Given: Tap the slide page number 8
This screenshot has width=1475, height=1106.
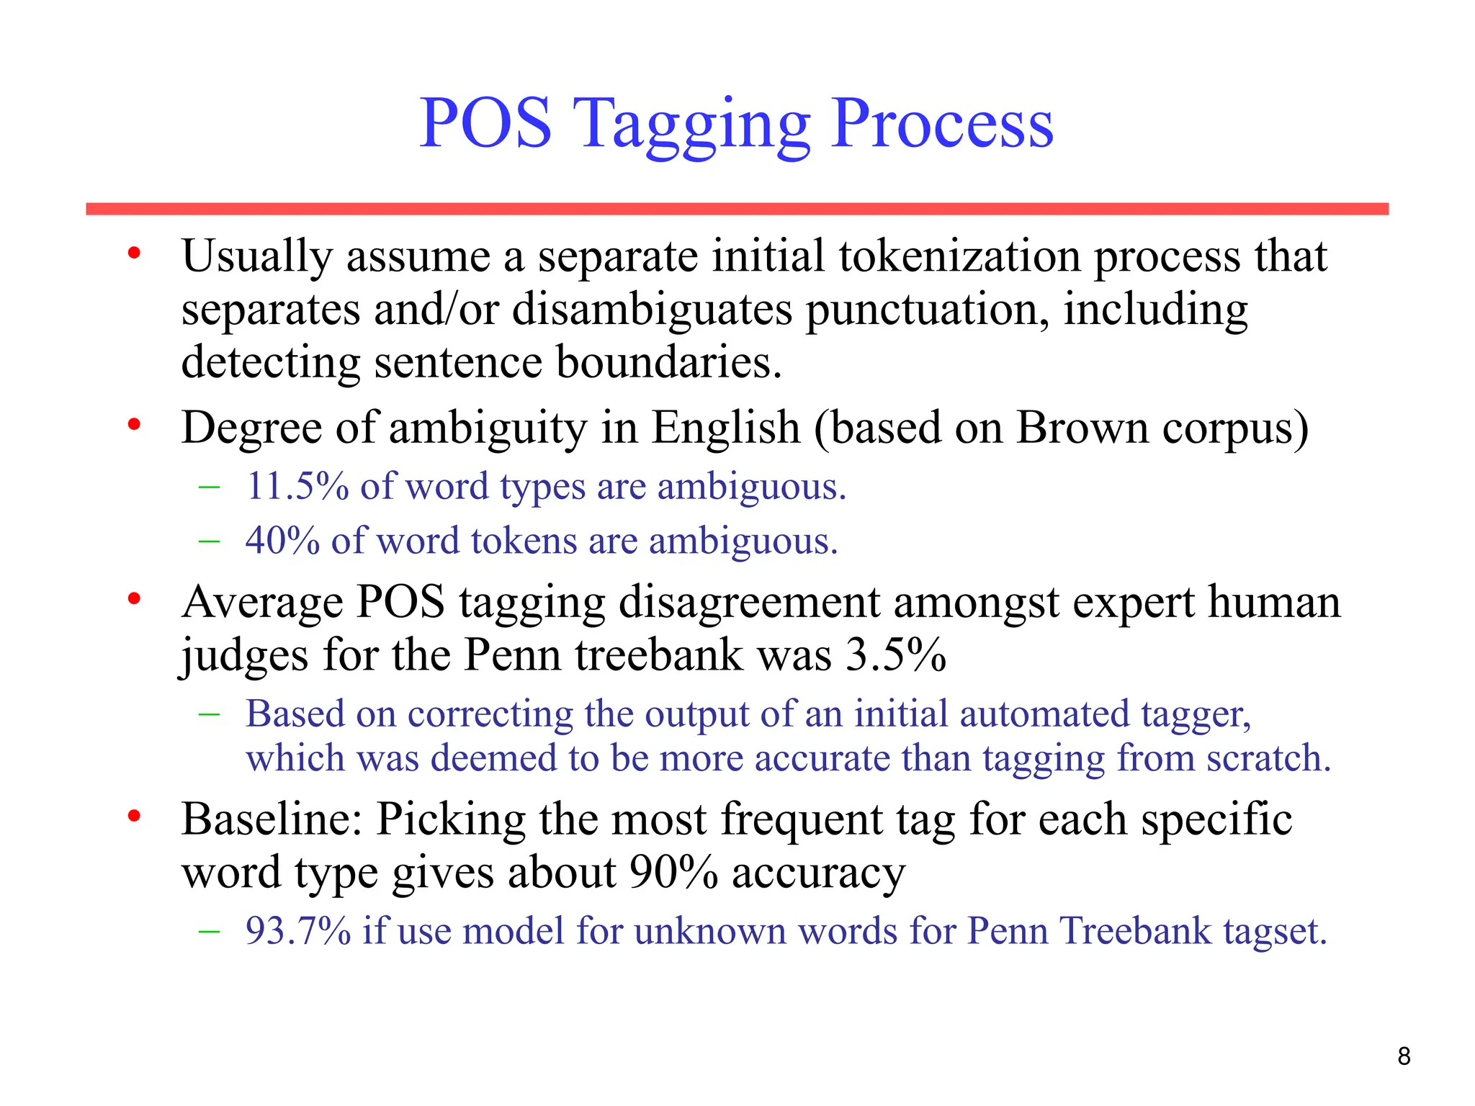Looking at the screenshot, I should (1404, 1056).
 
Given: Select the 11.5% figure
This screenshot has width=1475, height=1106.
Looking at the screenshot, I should (297, 486).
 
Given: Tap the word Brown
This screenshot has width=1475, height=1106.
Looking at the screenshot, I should (1082, 428).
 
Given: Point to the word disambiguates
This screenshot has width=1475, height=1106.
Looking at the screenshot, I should (651, 310).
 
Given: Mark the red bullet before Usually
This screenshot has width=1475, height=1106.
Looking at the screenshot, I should (133, 253).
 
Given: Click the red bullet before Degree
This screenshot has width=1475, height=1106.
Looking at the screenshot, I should (133, 426).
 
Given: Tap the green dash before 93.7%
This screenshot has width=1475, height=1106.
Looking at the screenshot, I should (209, 930).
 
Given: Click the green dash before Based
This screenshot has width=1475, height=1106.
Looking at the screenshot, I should (209, 714).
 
